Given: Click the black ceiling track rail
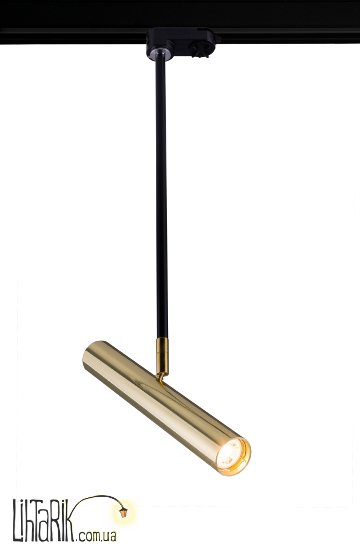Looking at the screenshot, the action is (x=180, y=22).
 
